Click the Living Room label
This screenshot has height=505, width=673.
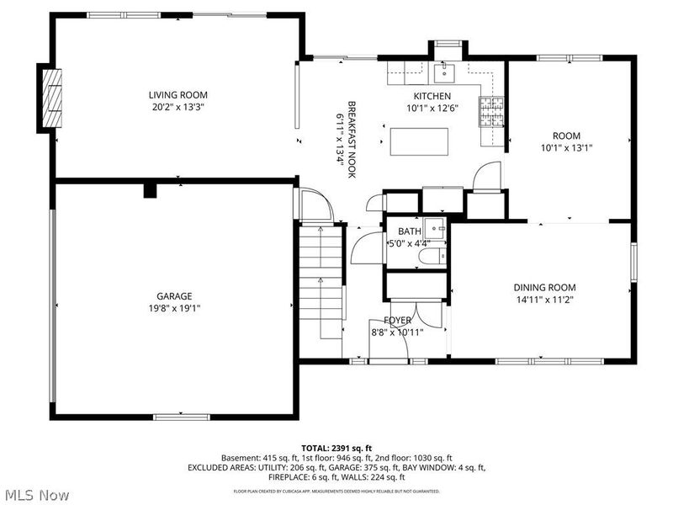(x=178, y=95)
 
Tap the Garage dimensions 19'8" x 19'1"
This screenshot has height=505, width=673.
(x=174, y=308)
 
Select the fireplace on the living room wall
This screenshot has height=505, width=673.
(x=53, y=97)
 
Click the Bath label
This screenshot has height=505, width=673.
(x=410, y=231)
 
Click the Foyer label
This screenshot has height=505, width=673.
(x=398, y=321)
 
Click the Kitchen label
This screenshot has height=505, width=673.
(x=432, y=96)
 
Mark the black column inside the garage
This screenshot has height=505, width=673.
(x=150, y=190)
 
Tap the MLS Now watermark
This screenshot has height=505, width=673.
(x=38, y=495)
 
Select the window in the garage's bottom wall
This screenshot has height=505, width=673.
(x=182, y=417)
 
